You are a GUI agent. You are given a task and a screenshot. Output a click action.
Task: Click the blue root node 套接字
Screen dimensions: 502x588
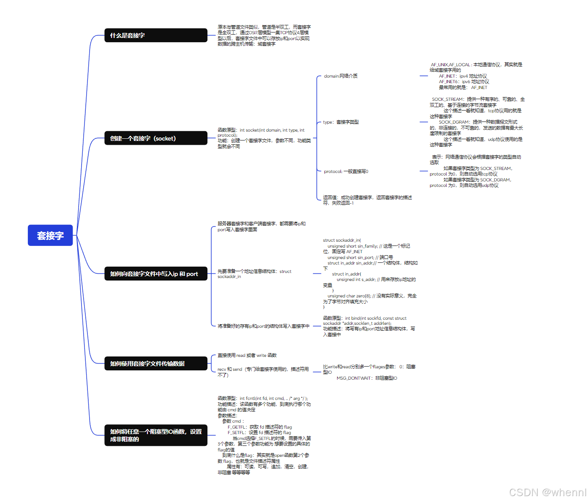(x=50, y=235)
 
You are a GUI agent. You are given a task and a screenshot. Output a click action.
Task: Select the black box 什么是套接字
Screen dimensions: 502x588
(x=155, y=35)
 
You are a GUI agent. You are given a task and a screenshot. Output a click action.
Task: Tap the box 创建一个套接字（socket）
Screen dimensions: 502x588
(x=155, y=138)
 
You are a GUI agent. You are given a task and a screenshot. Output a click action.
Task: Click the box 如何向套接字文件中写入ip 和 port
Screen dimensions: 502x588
(x=155, y=274)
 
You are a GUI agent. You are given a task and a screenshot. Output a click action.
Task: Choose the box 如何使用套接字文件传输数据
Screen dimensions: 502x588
(x=155, y=364)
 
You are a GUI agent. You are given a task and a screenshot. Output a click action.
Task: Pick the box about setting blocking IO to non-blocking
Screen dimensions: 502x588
(x=155, y=435)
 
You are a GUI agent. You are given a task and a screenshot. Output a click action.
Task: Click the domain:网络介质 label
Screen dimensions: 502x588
(x=340, y=76)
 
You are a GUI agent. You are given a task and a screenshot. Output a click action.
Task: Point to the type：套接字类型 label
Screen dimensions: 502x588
(x=340, y=122)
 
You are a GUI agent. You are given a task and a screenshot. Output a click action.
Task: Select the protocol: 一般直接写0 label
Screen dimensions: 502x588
(x=346, y=171)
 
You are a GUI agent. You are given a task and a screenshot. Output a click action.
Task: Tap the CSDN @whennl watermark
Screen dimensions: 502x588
(x=547, y=492)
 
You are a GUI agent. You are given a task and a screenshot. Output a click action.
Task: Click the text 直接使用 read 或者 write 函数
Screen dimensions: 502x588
(x=247, y=355)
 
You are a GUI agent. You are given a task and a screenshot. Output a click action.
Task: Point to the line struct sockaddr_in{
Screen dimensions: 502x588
(x=342, y=240)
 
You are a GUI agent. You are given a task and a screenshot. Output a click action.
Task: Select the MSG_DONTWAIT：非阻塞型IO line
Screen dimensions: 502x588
(x=367, y=378)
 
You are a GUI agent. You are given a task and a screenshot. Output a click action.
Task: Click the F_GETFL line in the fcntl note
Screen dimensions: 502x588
(x=260, y=427)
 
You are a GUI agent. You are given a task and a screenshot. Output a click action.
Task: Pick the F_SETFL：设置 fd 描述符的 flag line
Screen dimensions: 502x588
(x=259, y=432)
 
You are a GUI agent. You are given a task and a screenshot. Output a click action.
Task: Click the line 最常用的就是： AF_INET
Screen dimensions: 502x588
(x=463, y=87)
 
